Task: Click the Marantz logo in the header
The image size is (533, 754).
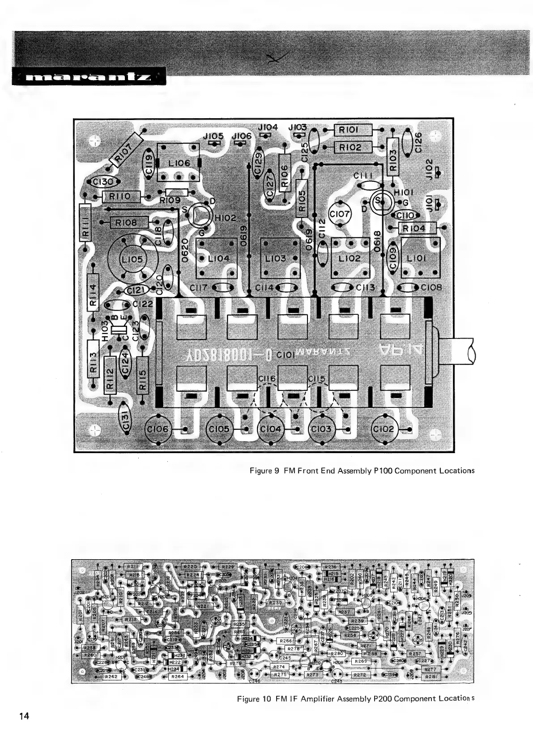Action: [88, 77]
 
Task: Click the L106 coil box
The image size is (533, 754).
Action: [178, 163]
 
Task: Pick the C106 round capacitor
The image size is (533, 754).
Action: [159, 429]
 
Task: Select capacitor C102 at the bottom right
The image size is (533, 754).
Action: [384, 429]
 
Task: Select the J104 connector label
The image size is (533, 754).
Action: [268, 128]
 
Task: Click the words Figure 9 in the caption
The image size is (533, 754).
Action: [264, 471]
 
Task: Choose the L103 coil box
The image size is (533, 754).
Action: [276, 258]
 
